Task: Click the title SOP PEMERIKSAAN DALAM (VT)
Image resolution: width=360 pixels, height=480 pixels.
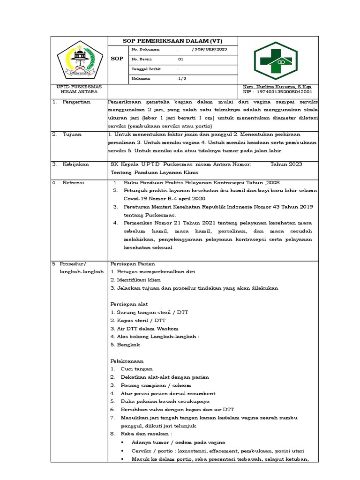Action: pyautogui.click(x=173, y=41)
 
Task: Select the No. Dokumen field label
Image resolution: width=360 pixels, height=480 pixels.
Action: pyautogui.click(x=146, y=49)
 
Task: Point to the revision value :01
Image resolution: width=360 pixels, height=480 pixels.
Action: pyautogui.click(x=180, y=59)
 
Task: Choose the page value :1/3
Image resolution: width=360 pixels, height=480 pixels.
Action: pyautogui.click(x=182, y=78)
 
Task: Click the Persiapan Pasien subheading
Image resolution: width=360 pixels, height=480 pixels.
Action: pyautogui.click(x=132, y=263)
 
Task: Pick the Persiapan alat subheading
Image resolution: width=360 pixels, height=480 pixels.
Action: pyautogui.click(x=128, y=304)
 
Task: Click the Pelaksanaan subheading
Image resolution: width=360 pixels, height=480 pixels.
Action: pyautogui.click(x=127, y=361)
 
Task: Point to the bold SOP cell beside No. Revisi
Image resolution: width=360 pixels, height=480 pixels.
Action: pyautogui.click(x=117, y=59)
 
